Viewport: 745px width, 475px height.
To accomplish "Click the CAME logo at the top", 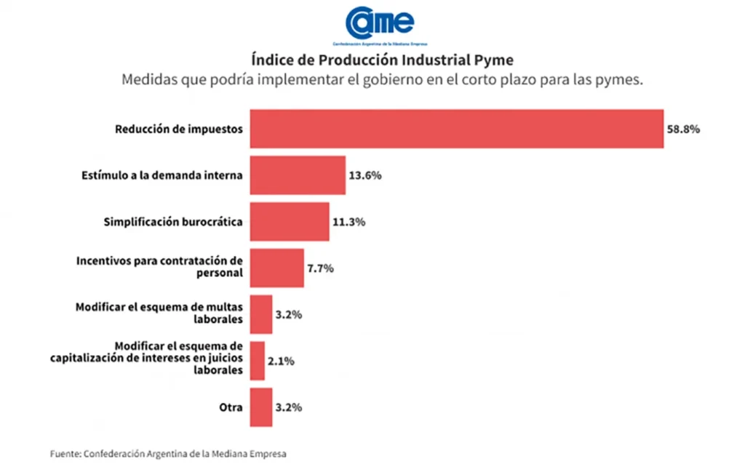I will (x=380, y=22).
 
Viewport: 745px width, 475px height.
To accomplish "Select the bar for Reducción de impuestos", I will (x=456, y=129).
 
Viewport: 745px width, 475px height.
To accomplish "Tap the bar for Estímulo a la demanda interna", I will (x=298, y=175).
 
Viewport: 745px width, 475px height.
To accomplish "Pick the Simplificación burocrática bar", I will (x=290, y=222).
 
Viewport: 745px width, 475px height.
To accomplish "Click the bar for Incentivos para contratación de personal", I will (x=276, y=268).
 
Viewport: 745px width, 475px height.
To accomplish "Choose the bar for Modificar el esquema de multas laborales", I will (x=261, y=314).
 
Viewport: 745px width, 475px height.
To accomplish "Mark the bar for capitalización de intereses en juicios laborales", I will (x=258, y=361).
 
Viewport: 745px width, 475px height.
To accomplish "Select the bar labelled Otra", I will (x=261, y=407).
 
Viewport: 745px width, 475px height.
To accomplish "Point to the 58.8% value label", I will (x=683, y=129).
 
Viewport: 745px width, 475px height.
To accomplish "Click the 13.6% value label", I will (x=365, y=175).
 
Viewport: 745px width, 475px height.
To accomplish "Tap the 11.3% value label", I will (x=348, y=222).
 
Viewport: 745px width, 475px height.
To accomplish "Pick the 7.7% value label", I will (x=320, y=268).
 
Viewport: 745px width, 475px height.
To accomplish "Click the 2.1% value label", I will (x=281, y=361).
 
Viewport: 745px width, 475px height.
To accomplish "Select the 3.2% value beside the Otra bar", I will (x=289, y=407).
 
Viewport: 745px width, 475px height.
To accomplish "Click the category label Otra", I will (x=231, y=407).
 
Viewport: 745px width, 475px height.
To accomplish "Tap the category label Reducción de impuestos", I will (x=178, y=129).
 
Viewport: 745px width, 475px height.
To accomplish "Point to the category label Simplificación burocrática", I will (x=173, y=222).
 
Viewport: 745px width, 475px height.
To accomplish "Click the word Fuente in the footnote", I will (x=65, y=454).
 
